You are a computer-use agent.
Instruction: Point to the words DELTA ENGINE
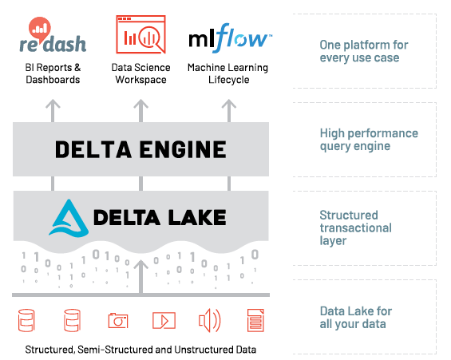point(140,149)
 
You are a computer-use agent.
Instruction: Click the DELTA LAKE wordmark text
point(160,217)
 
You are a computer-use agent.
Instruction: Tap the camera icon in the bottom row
point(118,321)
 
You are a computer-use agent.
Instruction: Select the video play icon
point(164,321)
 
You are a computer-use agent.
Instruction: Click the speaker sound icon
point(209,321)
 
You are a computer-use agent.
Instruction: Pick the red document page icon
point(256,321)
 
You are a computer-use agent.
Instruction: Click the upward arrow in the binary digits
point(140,275)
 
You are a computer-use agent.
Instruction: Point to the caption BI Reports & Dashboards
point(53,73)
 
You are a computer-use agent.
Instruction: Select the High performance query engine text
point(368,140)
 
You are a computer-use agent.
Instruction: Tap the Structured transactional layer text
point(355,227)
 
